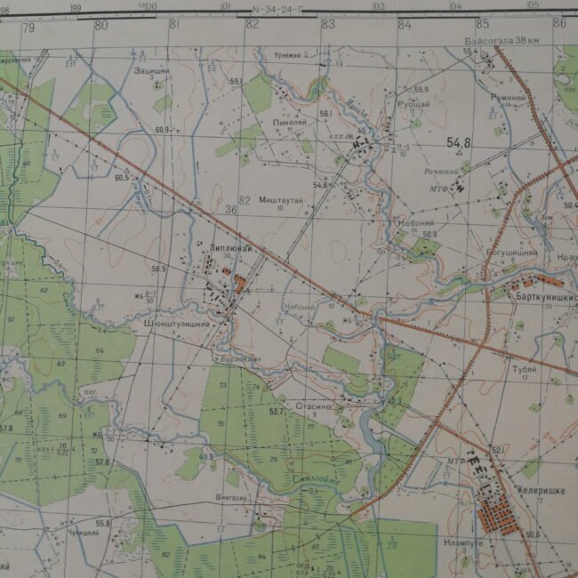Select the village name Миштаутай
point(282,201)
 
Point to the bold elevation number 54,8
point(459,141)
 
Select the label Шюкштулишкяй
point(176,325)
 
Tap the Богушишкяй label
point(511,253)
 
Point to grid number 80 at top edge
point(101,25)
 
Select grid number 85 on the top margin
point(483,24)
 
